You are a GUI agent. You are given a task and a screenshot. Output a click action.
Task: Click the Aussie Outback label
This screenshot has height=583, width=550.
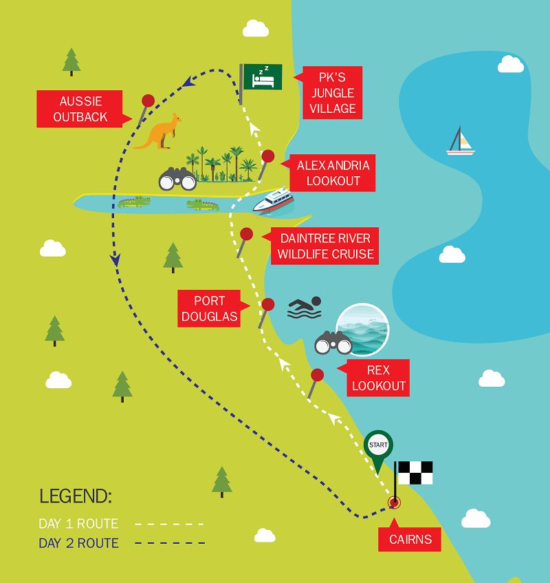pyautogui.click(x=80, y=109)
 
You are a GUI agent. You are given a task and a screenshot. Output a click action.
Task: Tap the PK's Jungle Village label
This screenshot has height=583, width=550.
pyautogui.click(x=332, y=93)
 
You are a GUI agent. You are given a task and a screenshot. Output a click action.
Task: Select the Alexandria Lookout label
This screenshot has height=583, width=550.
pyautogui.click(x=332, y=173)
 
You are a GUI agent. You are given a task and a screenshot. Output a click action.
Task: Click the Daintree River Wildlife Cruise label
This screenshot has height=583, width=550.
pyautogui.click(x=324, y=246)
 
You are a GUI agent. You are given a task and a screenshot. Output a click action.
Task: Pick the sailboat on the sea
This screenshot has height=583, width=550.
pyautogui.click(x=461, y=140)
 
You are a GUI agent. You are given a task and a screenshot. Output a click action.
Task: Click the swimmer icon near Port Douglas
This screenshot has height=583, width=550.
pyautogui.click(x=305, y=308)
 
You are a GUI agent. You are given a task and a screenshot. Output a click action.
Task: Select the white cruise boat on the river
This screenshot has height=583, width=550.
pyautogui.click(x=274, y=200)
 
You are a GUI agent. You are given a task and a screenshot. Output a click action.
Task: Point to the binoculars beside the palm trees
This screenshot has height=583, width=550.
pyautogui.click(x=177, y=179)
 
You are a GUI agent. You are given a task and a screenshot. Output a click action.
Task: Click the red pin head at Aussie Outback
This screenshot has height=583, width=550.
pyautogui.click(x=148, y=100)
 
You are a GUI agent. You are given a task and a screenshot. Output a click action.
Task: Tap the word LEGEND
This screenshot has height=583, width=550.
pyautogui.click(x=76, y=496)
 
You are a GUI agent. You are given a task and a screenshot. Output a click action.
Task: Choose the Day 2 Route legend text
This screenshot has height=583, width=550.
pyautogui.click(x=79, y=543)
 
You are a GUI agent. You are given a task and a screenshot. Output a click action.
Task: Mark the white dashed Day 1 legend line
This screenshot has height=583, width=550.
pyautogui.click(x=169, y=524)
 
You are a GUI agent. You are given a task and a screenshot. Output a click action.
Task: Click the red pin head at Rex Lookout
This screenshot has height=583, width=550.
pyautogui.click(x=317, y=375)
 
